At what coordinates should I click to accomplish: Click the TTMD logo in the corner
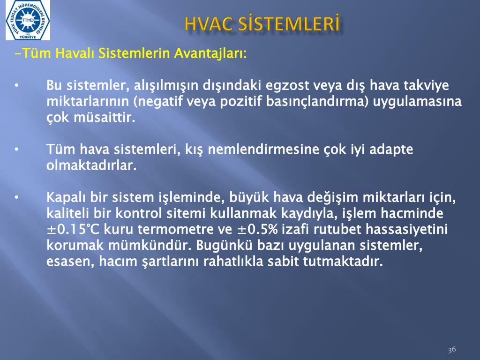pyautogui.click(x=28, y=20)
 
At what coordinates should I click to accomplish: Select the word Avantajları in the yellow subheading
pyautogui.click(x=210, y=53)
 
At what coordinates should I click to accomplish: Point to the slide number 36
pyautogui.click(x=452, y=350)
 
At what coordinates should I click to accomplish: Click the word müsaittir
pyautogui.click(x=105, y=117)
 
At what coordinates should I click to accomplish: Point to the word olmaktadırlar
pyautogui.click(x=91, y=165)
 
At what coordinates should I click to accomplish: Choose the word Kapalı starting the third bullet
pyautogui.click(x=66, y=197)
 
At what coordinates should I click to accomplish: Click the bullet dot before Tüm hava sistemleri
pyautogui.click(x=17, y=150)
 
